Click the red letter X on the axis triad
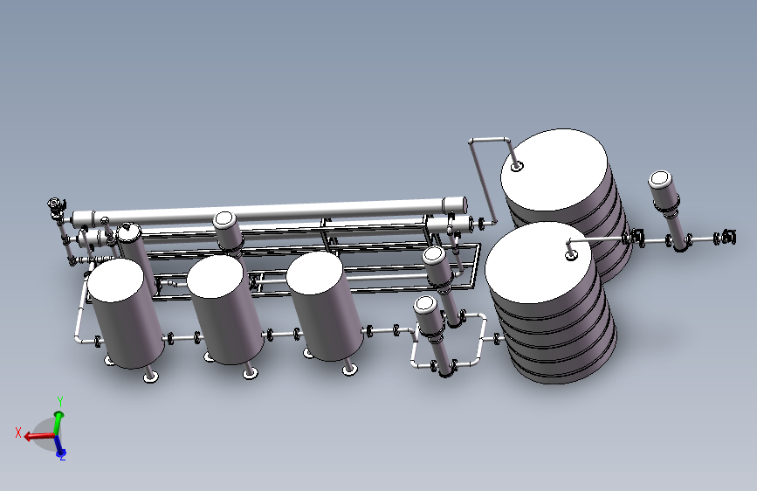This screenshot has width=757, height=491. click(x=18, y=432)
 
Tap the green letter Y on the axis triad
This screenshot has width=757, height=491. click(x=60, y=401)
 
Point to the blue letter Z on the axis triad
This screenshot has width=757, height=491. click(x=62, y=457)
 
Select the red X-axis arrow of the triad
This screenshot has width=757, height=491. click(x=39, y=436)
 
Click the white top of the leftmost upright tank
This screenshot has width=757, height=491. click(x=115, y=280)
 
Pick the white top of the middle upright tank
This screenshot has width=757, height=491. click(x=216, y=276)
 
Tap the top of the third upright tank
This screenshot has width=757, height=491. click(x=315, y=273)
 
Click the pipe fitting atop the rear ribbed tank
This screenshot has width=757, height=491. click(x=517, y=167)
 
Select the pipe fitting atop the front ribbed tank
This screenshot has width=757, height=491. click(x=571, y=255)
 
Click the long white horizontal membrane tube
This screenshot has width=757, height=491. click(x=269, y=211)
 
